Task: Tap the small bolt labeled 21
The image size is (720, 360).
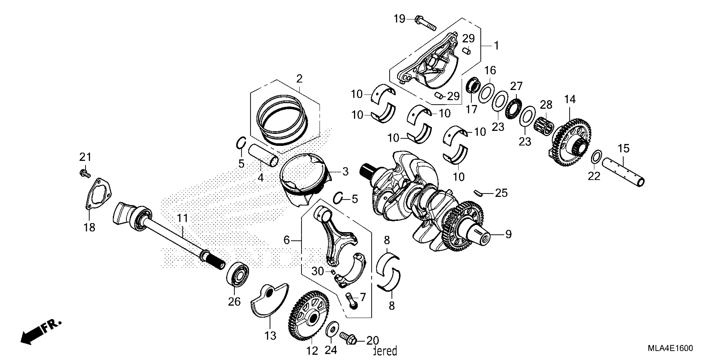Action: (x=85, y=173)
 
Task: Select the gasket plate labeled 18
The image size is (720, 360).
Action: (x=98, y=194)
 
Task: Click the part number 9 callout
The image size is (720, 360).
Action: (x=508, y=234)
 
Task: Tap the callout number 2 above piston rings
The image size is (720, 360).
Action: (x=299, y=79)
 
